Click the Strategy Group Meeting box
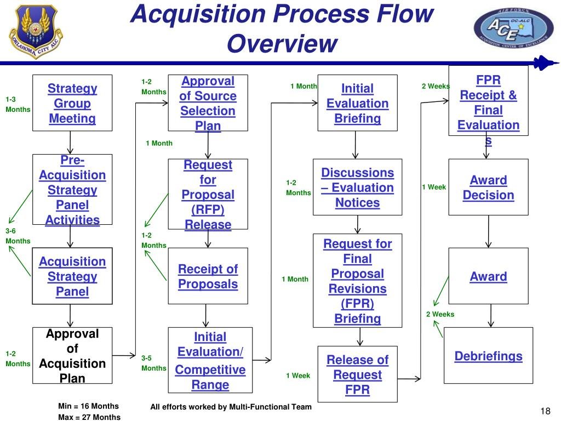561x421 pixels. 72,103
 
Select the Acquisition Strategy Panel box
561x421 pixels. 72,276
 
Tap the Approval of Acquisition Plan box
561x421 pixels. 72,355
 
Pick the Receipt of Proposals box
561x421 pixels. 208,276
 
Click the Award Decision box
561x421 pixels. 488,187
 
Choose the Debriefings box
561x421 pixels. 488,356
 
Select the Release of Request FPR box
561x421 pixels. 357,375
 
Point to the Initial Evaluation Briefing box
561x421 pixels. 357,103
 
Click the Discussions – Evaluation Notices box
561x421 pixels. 357,187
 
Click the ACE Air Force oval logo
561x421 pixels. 513,30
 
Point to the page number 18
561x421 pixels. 545,412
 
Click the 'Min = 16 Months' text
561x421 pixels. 88,406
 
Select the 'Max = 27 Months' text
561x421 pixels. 89,417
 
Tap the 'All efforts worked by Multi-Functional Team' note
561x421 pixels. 231,407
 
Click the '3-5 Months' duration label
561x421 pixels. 153,363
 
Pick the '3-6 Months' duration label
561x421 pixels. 18,236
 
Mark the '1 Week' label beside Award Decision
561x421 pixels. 434,187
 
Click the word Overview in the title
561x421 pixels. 281,44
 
